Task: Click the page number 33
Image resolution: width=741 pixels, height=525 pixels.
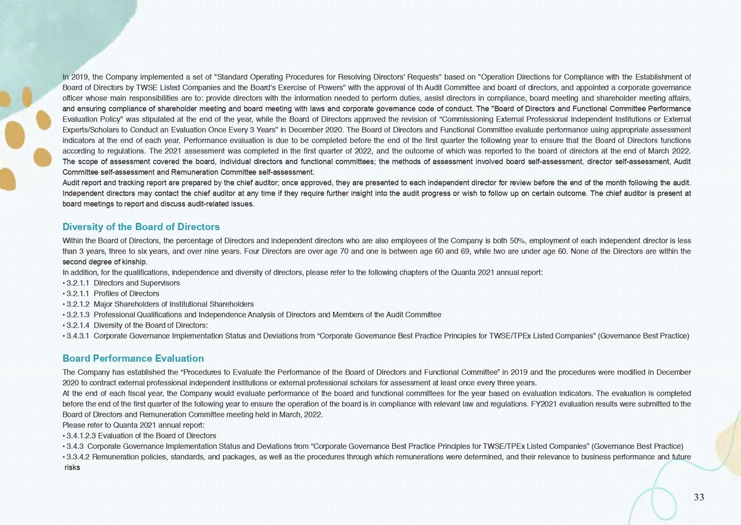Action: click(x=698, y=498)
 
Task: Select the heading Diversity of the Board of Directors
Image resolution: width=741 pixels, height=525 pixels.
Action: click(x=141, y=227)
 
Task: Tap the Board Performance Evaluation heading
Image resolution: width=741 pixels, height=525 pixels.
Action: click(x=133, y=358)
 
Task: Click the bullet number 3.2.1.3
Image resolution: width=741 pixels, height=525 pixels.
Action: click(x=79, y=315)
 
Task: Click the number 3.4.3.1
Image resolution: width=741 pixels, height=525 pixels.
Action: click(x=79, y=336)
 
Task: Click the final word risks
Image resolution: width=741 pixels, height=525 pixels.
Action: click(x=73, y=467)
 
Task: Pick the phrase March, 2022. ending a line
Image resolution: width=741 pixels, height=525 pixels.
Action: click(x=303, y=415)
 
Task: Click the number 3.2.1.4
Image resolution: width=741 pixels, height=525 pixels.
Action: click(x=79, y=325)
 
